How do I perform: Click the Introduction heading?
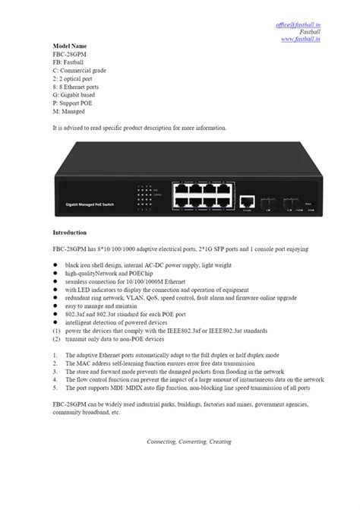coord(70,231)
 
